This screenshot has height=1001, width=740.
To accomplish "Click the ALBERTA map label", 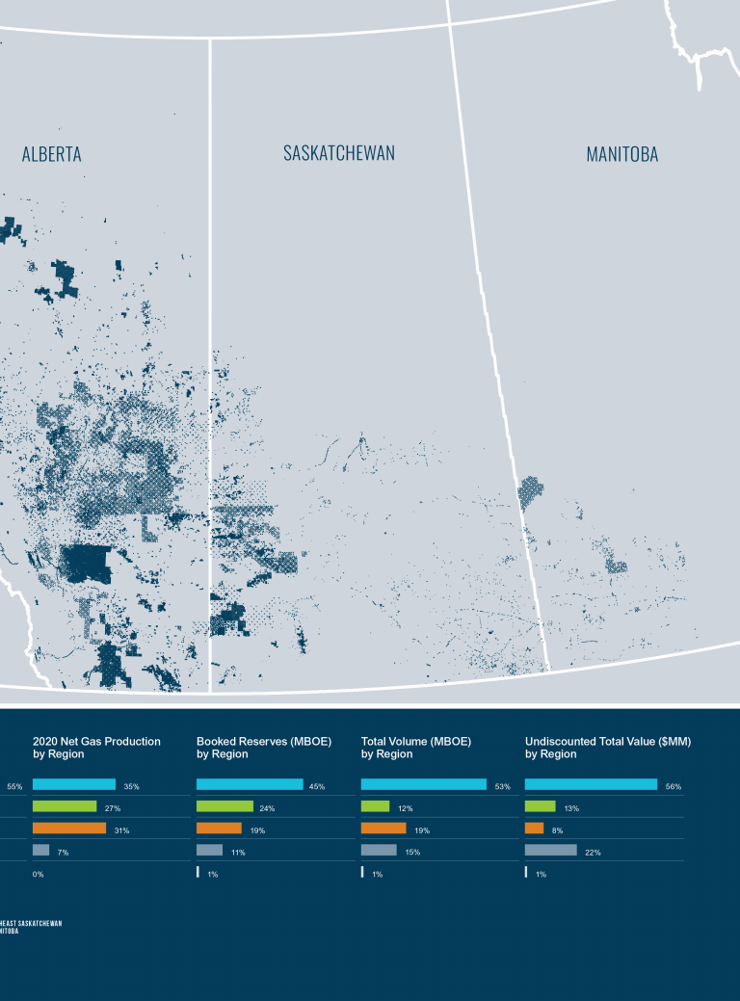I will click(52, 154).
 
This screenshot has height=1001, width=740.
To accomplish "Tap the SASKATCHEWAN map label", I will click(339, 153).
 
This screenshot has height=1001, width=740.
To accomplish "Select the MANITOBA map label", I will click(622, 154).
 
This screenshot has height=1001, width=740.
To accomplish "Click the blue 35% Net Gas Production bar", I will click(74, 784).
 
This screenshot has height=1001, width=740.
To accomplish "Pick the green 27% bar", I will click(65, 806).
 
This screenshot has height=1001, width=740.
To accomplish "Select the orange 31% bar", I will click(69, 829).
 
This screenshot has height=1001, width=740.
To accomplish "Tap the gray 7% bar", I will click(40, 851).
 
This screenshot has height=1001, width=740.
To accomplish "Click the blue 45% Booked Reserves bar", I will click(250, 784).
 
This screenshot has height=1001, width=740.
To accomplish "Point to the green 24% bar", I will click(225, 806).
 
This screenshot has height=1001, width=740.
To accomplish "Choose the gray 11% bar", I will click(209, 851).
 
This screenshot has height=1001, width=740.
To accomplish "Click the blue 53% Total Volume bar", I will click(424, 784).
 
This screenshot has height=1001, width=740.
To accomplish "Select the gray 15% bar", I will click(379, 851).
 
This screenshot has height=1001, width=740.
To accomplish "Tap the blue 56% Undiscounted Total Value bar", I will click(591, 784).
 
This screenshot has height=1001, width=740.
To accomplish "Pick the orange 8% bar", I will click(534, 829).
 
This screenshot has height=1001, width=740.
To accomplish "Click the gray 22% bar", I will click(551, 851).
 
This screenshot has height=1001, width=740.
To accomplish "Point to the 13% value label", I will click(571, 807).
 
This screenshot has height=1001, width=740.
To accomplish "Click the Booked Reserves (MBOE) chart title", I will click(264, 748).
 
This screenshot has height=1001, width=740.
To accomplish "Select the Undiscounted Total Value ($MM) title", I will click(608, 748).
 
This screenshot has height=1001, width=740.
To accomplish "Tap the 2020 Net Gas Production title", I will click(96, 748).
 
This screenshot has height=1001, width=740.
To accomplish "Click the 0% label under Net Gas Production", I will click(39, 874).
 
